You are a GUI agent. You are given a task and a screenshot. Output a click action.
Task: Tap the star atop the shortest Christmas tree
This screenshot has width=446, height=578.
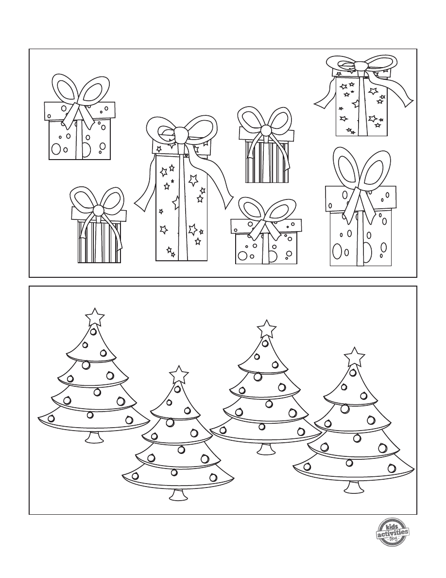click(179, 375)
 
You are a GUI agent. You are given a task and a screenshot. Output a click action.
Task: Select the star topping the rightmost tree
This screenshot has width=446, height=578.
click(354, 357)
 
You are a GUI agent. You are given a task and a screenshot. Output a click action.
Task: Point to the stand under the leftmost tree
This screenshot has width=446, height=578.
click(94, 437)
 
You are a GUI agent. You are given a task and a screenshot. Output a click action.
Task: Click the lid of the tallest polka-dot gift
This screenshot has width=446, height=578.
click(360, 199)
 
